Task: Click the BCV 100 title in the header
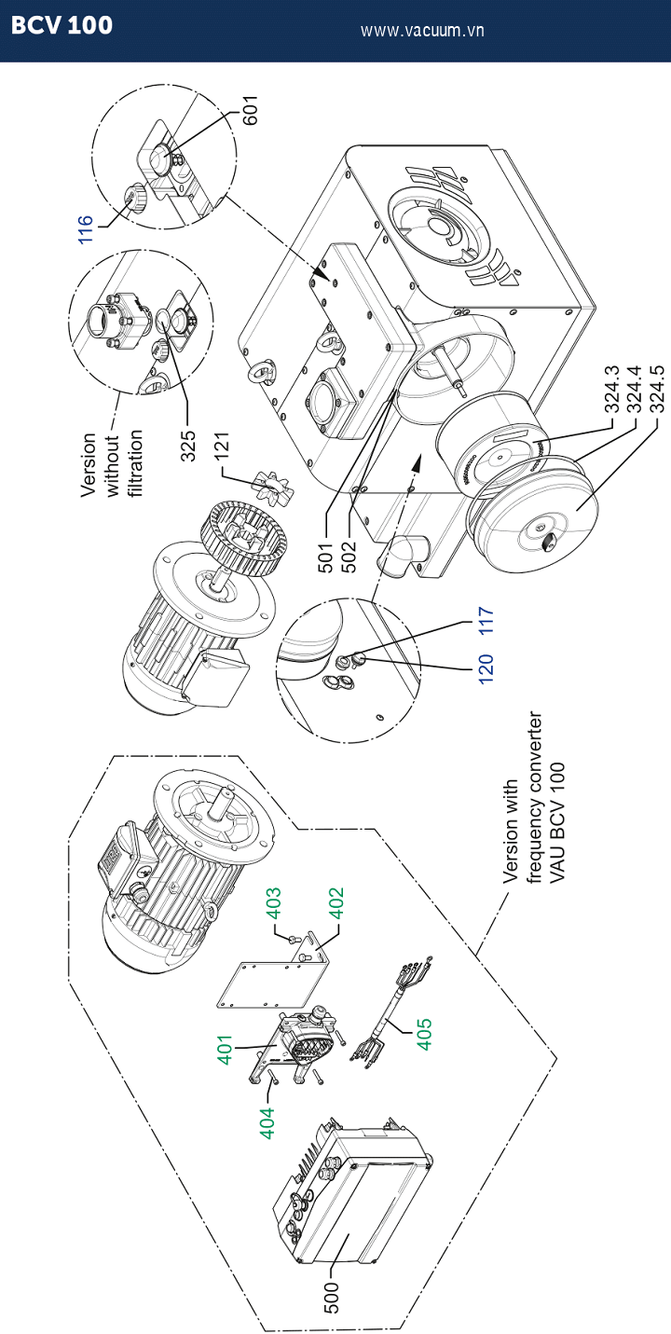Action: click(62, 25)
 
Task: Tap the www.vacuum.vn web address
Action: click(422, 31)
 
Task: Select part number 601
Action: click(251, 110)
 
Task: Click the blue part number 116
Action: click(86, 229)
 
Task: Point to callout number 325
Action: click(188, 446)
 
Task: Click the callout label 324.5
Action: click(656, 390)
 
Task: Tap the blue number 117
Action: click(486, 621)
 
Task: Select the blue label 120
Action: click(486, 668)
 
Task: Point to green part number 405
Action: click(424, 1035)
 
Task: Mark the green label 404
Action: click(267, 1123)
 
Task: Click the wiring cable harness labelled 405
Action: click(392, 1013)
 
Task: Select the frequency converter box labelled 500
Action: click(351, 1191)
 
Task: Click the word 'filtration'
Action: click(136, 463)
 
